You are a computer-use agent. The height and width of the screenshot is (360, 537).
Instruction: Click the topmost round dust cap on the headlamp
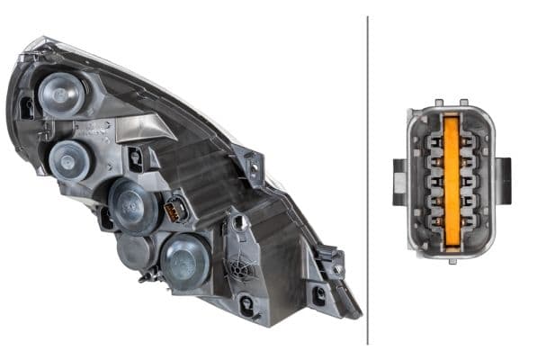[62, 93]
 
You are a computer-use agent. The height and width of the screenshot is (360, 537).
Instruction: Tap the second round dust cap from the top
[69, 160]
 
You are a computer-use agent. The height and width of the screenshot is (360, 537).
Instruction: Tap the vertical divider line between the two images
[368, 180]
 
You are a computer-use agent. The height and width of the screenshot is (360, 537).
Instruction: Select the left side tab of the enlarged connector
[400, 181]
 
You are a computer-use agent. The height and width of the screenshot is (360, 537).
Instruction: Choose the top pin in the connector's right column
[467, 135]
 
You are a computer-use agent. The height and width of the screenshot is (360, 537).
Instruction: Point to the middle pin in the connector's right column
[467, 180]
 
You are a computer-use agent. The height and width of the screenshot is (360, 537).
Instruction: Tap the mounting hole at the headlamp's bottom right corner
[318, 294]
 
